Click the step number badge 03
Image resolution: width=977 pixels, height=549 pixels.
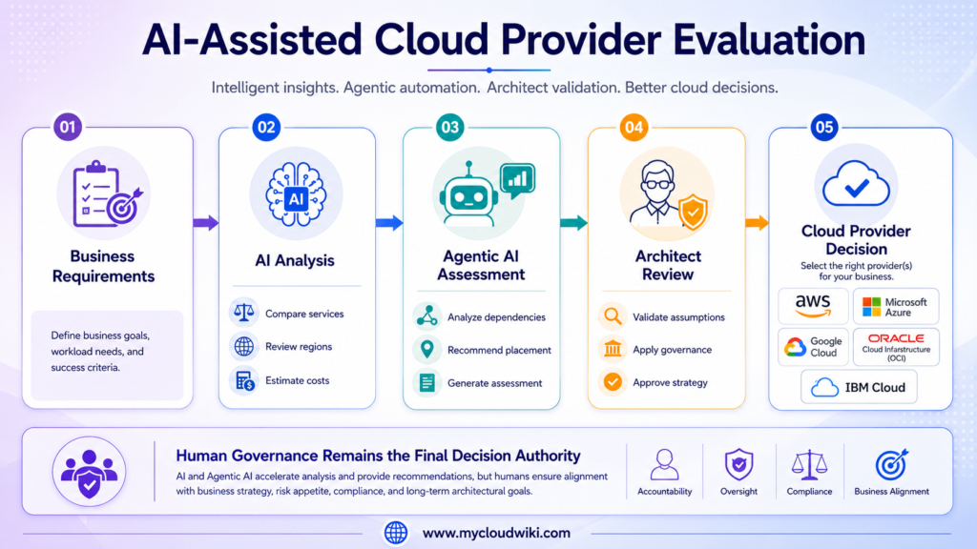[449, 128]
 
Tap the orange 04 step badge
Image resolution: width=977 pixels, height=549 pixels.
[634, 128]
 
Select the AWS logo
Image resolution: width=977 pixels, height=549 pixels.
[813, 306]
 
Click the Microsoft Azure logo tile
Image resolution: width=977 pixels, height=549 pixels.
[895, 306]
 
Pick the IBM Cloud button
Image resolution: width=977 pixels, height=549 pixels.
[859, 387]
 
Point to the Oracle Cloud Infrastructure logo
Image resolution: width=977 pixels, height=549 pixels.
[896, 347]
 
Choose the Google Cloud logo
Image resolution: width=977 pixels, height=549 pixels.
[813, 347]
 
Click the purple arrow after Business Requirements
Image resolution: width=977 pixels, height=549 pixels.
[205, 223]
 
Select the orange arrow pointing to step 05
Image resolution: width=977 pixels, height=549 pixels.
[757, 223]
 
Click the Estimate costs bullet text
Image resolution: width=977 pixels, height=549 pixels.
[298, 380]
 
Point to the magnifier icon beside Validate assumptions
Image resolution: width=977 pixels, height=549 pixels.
[613, 316]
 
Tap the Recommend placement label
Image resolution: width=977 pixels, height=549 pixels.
[499, 350]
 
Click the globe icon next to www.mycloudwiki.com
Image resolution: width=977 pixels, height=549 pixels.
[396, 533]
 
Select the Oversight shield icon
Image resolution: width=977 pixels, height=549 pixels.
[739, 464]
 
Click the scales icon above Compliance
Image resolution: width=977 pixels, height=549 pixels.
[809, 465]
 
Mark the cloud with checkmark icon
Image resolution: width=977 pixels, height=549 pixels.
[856, 184]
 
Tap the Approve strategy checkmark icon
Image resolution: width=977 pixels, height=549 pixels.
[613, 382]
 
